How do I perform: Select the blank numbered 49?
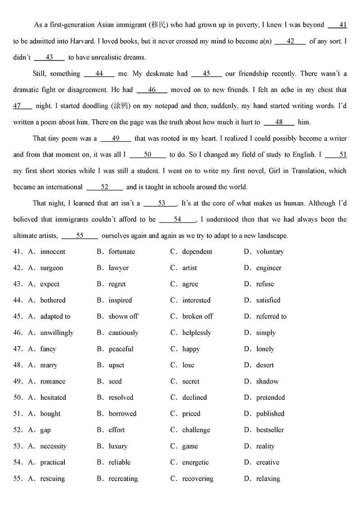[x=116, y=138]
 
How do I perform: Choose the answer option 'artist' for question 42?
[x=189, y=268]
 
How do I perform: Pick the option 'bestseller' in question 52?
[x=270, y=430]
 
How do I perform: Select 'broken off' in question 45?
[x=198, y=317]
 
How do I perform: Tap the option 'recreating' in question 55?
[x=123, y=479]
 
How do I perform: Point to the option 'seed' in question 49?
[x=115, y=381]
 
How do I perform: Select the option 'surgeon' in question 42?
[x=51, y=268]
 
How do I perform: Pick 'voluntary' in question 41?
[x=270, y=252]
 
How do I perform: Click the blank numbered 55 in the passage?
[x=80, y=236]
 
